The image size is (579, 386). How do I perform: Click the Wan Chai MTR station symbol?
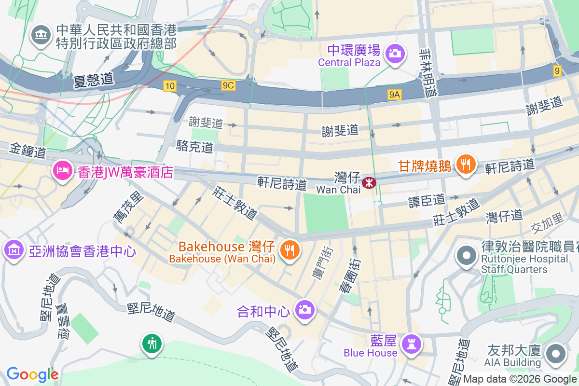tap(369, 183)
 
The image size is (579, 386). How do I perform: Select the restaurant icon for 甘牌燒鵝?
tap(465, 165)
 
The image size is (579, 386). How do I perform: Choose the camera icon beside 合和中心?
tap(304, 309)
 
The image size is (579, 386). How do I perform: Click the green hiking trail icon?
tap(152, 344)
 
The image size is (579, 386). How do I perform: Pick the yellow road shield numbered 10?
tap(169, 85)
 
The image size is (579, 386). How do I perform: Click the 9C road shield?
tap(228, 85)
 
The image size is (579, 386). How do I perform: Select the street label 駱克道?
tap(195, 147)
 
